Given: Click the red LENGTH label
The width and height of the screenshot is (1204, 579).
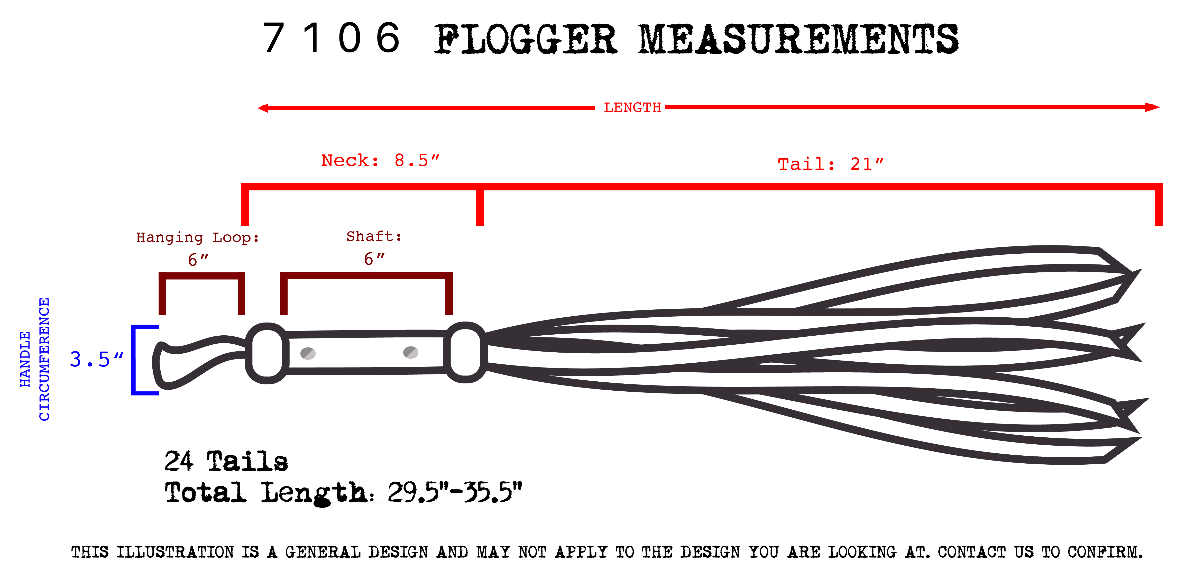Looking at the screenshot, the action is click(632, 107).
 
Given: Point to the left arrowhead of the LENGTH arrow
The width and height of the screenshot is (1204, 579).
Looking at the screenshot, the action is click(263, 108).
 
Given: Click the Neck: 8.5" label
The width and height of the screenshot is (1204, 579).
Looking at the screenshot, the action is click(380, 160).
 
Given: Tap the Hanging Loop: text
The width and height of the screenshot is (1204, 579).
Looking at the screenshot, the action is click(197, 237).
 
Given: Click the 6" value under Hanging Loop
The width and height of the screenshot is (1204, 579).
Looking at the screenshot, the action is click(198, 259).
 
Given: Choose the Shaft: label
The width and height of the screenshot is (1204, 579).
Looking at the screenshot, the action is click(374, 236).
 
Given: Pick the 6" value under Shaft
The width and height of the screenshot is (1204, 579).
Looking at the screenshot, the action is click(374, 259).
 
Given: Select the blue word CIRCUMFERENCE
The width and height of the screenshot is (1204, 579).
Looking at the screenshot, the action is click(44, 359).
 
